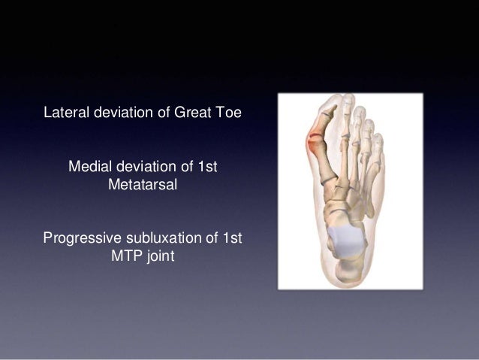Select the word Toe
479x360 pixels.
pos(231,114)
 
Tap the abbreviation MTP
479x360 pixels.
pos(125,256)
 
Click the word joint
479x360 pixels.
pos(159,256)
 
